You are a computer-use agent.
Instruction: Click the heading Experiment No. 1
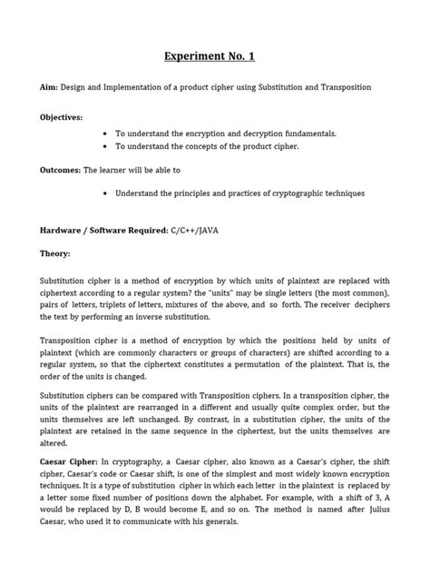210,57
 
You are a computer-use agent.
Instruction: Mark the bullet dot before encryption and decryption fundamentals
107,133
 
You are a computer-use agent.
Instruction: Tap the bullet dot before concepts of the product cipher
107,145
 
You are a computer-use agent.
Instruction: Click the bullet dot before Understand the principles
107,193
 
